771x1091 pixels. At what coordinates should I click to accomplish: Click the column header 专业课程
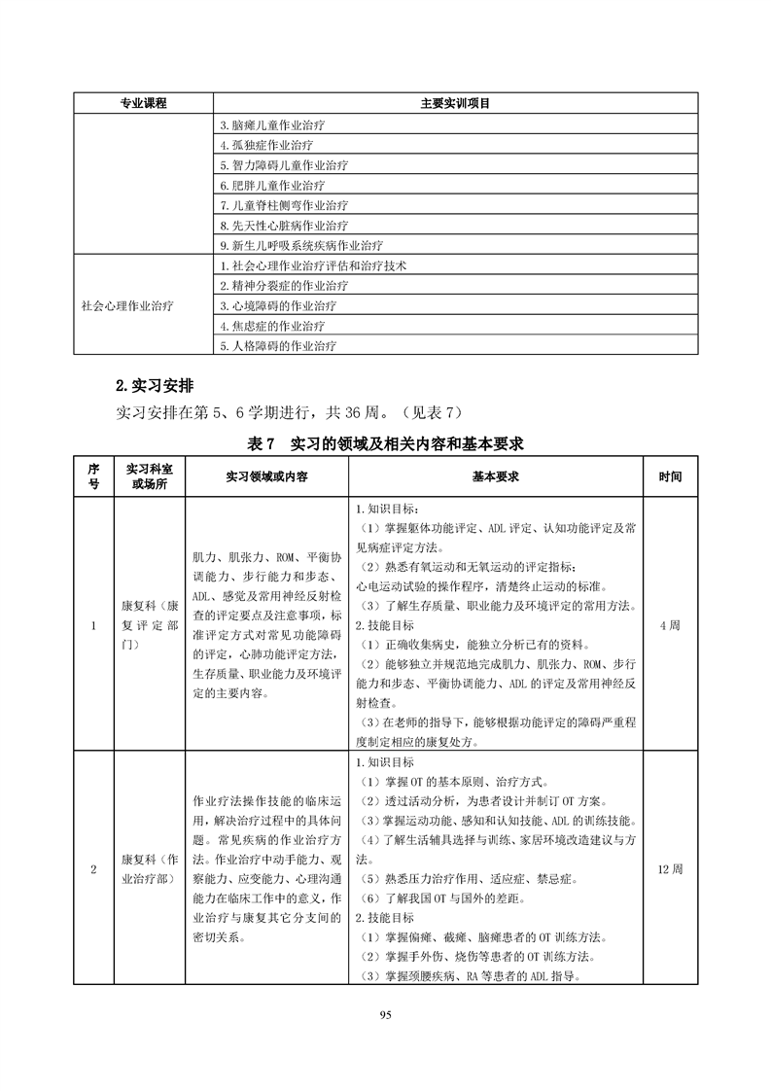(x=143, y=103)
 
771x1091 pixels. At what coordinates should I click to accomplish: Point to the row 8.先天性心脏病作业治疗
(x=285, y=225)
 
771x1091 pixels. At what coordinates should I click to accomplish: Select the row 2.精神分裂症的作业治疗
(x=284, y=286)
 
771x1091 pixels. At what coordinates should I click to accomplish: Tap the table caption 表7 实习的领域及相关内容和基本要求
(x=386, y=443)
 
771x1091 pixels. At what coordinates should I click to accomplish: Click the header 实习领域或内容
(x=265, y=477)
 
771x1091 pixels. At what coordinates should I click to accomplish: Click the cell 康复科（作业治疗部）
(x=149, y=868)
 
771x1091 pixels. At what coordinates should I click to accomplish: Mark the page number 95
(x=385, y=1015)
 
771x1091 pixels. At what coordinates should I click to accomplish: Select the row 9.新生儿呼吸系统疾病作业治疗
(x=301, y=245)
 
